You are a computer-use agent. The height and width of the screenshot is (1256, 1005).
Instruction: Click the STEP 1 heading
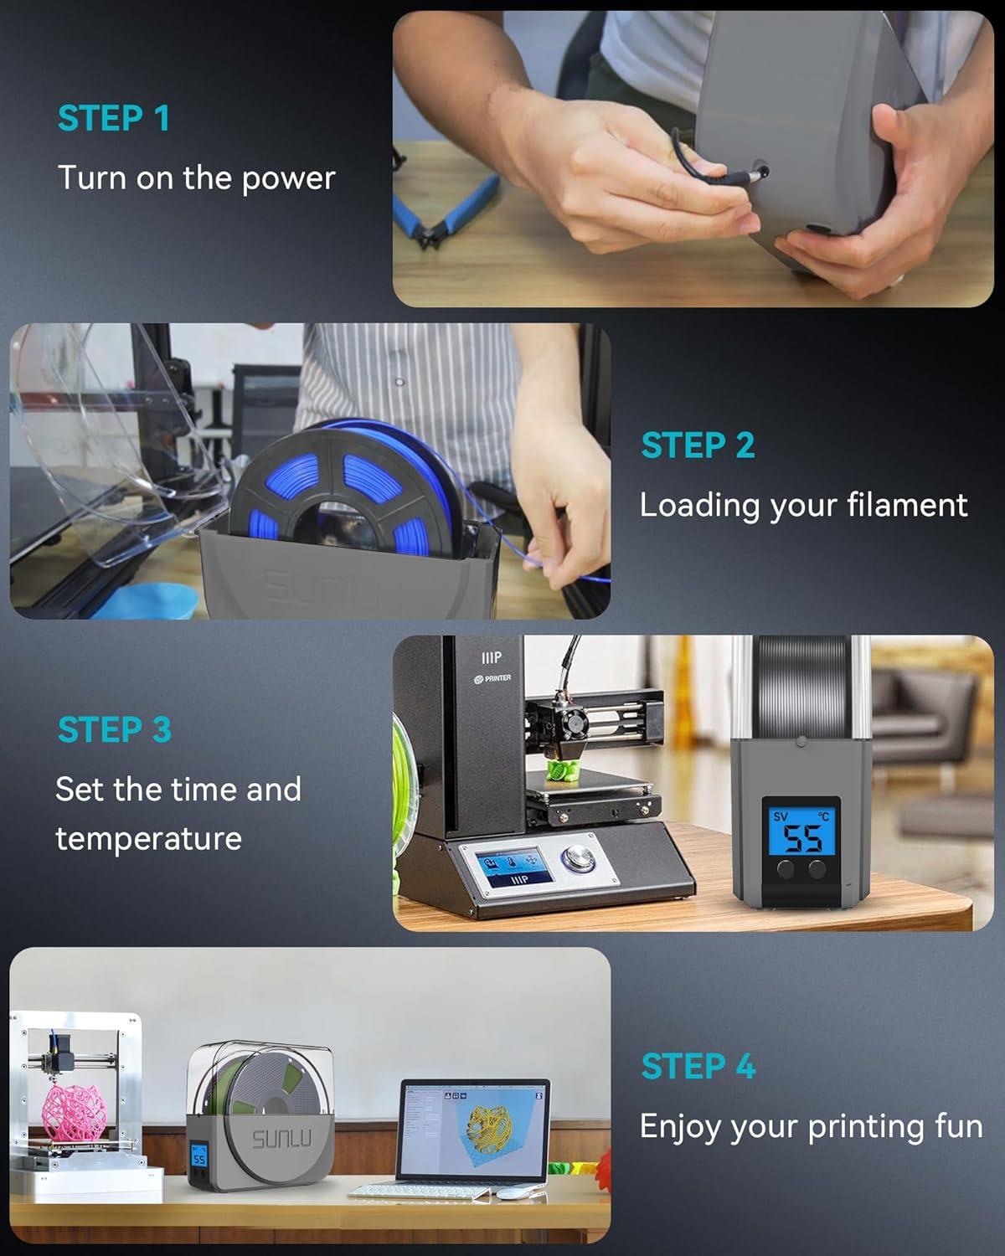[114, 118]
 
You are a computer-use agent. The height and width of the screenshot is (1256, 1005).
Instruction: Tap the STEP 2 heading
[698, 445]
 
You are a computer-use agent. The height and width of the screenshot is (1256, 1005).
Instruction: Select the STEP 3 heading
[115, 729]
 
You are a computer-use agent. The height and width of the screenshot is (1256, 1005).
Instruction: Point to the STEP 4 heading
[698, 1066]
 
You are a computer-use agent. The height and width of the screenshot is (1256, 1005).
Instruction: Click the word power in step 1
[288, 178]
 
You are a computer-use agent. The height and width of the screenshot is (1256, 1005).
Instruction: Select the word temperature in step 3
[149, 839]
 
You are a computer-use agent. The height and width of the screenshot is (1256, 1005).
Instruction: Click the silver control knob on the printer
[578, 857]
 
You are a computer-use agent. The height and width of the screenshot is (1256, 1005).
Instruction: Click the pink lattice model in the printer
[75, 1113]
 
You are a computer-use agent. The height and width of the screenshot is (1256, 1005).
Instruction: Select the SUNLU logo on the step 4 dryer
[281, 1139]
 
